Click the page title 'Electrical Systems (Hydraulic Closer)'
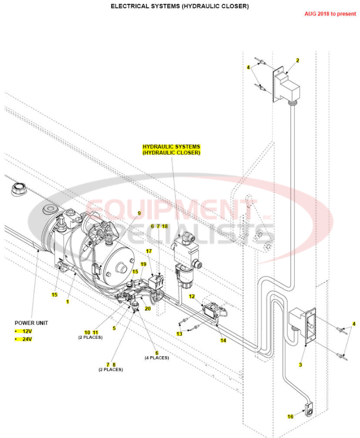point(180,6)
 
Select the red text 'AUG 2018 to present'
point(330,14)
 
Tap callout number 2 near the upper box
point(297,60)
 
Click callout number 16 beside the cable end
point(290,416)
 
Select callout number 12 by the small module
point(192,296)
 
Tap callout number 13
point(179,333)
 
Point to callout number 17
point(149,251)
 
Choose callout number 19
point(143,264)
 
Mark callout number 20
point(148,308)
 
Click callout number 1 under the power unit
point(68,301)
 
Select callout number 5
point(114,328)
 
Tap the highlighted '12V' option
point(27,331)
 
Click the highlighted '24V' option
point(27,339)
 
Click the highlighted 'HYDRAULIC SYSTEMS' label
point(171,146)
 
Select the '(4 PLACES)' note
point(156,358)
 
